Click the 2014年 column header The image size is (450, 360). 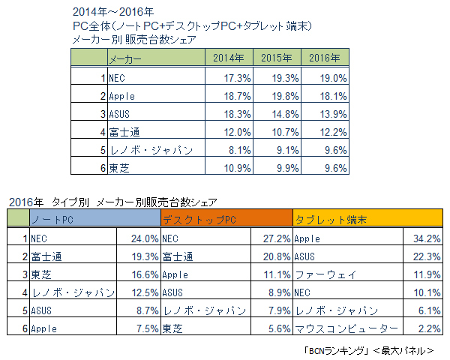click(228, 58)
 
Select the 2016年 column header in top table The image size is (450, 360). click(325, 58)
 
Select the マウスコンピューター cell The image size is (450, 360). click(342, 328)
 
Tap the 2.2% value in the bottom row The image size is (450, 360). click(427, 328)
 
